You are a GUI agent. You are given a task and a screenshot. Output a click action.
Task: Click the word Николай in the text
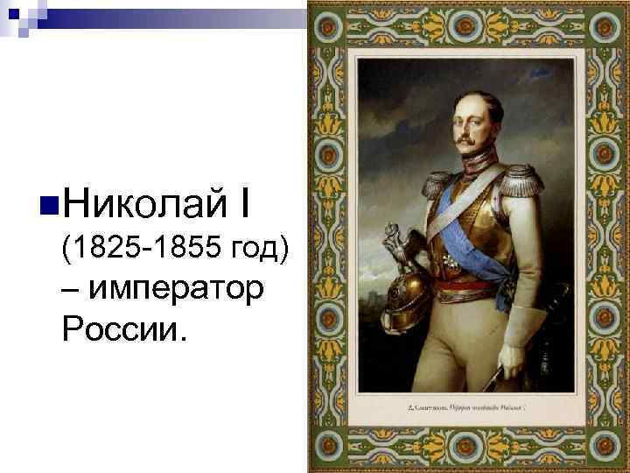coord(140,207)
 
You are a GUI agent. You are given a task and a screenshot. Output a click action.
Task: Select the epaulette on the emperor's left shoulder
coord(519,179)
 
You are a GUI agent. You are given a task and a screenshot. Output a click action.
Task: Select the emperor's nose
coord(470,125)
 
